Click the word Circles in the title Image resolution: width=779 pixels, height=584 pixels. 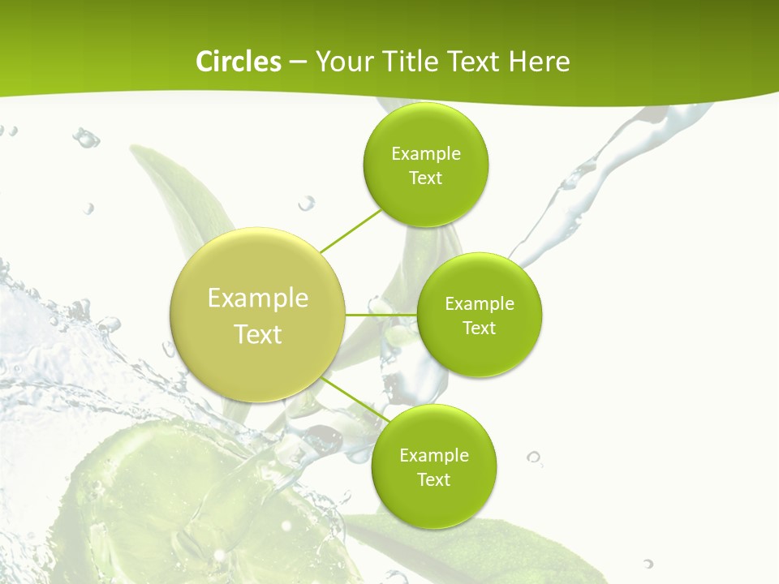pos(238,62)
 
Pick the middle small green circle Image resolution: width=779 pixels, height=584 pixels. pos(480,353)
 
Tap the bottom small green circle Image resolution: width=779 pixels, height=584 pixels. pos(433,503)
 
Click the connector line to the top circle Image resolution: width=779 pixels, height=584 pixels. pos(351,230)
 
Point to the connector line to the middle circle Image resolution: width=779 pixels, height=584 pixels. pos(381,314)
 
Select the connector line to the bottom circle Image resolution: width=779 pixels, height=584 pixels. pos(355,398)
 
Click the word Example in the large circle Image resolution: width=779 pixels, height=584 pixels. pos(258,298)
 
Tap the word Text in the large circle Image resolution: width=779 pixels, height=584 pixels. pos(258,334)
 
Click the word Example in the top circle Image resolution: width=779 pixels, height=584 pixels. pos(426,154)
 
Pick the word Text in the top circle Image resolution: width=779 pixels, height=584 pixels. pos(425,178)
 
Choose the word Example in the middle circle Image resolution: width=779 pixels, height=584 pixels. pos(480,304)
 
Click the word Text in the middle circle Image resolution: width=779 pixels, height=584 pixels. pos(480,328)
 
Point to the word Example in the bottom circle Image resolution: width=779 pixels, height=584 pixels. pos(434,456)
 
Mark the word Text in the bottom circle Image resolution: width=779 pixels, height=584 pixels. pos(433,480)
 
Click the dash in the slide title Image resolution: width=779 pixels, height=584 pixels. pos(298,62)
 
